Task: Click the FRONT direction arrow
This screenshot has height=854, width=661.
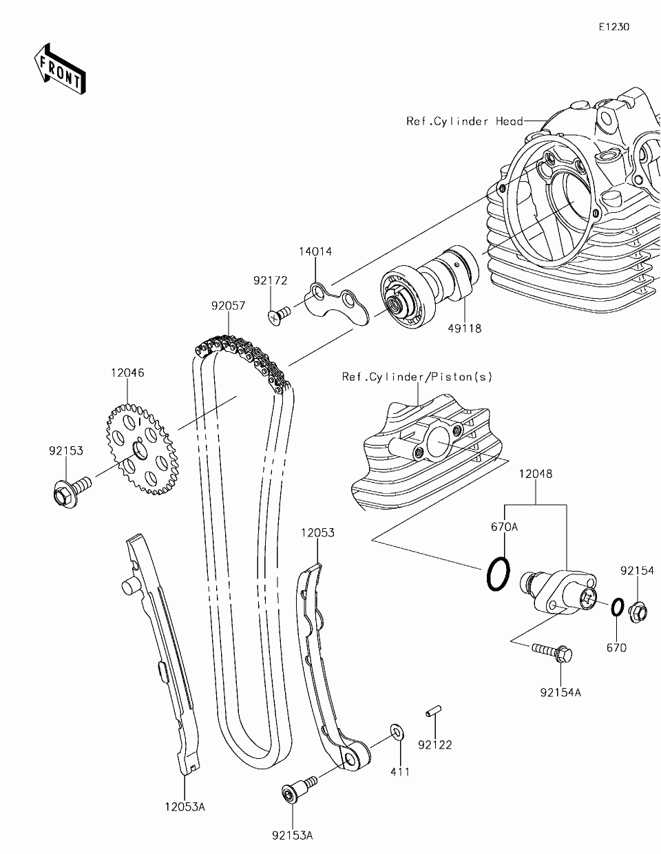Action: (x=59, y=68)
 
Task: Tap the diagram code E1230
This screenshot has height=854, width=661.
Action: (x=613, y=27)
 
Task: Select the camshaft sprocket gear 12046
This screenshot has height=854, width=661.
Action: (x=141, y=449)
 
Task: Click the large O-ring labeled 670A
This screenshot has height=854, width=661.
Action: (x=499, y=574)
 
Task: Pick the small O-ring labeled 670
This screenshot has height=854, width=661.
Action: (x=618, y=608)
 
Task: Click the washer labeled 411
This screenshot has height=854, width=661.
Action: (x=397, y=731)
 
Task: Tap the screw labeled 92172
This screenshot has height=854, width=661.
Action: (x=277, y=315)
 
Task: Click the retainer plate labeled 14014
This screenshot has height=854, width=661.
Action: (x=338, y=304)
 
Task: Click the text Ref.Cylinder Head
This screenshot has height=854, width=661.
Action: (x=464, y=121)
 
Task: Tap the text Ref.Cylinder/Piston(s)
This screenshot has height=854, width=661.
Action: (x=417, y=377)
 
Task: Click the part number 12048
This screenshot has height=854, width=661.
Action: (x=536, y=474)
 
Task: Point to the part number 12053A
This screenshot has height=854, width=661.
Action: (x=185, y=806)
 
